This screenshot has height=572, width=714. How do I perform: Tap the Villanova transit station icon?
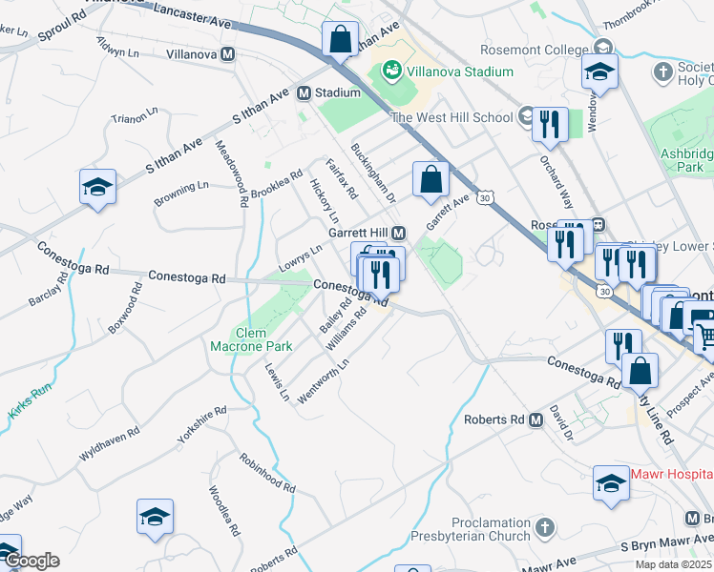[x=228, y=54]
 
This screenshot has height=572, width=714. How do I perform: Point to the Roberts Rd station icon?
[x=534, y=419]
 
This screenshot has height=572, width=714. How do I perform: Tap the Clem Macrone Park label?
[x=238, y=339]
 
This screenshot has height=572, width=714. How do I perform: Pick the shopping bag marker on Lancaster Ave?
[x=339, y=40]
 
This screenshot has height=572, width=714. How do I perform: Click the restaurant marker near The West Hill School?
[x=550, y=124]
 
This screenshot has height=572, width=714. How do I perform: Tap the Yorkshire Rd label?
[x=201, y=426]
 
